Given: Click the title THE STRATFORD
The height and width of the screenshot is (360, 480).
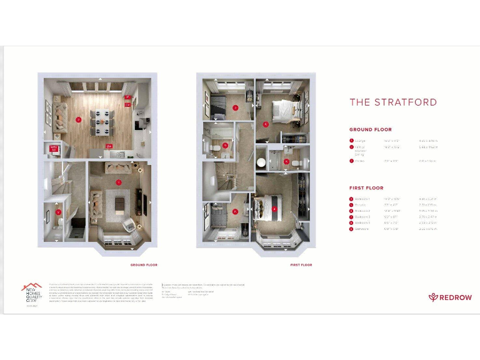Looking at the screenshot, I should point(392,102).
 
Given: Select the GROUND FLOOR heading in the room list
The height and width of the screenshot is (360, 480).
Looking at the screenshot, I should point(370,130).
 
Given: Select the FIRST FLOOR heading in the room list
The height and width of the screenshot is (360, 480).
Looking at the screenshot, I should point(366,187).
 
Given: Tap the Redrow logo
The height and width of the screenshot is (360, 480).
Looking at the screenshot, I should point(445,297).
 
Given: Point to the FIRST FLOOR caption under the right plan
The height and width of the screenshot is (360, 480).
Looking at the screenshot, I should point(301,265).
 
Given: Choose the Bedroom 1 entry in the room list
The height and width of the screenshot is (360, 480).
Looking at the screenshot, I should point(362,199).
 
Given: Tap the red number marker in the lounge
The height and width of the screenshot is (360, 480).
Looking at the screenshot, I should point(119,182).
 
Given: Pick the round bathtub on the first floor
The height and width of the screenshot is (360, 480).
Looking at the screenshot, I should point(261,161).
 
